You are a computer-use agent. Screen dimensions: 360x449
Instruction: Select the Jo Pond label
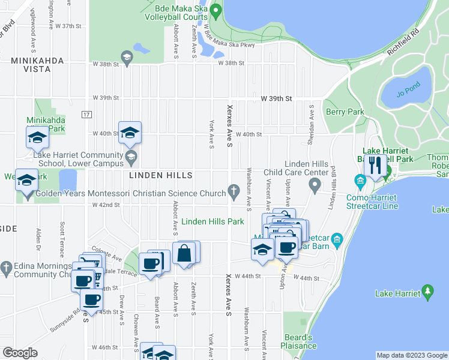(406, 94)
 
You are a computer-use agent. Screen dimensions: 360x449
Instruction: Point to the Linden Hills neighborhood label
(161, 175)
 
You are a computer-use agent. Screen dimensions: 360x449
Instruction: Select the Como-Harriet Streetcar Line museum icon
(360, 181)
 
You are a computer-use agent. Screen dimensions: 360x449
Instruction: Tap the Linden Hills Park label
(213, 221)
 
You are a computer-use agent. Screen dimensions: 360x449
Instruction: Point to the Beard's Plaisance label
(298, 341)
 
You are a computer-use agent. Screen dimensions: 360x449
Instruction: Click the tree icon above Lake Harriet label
(428, 292)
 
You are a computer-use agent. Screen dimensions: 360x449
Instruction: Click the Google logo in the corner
(20, 353)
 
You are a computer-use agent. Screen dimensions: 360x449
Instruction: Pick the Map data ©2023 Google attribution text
(412, 355)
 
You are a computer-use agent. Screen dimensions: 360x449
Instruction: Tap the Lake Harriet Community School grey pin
(131, 158)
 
